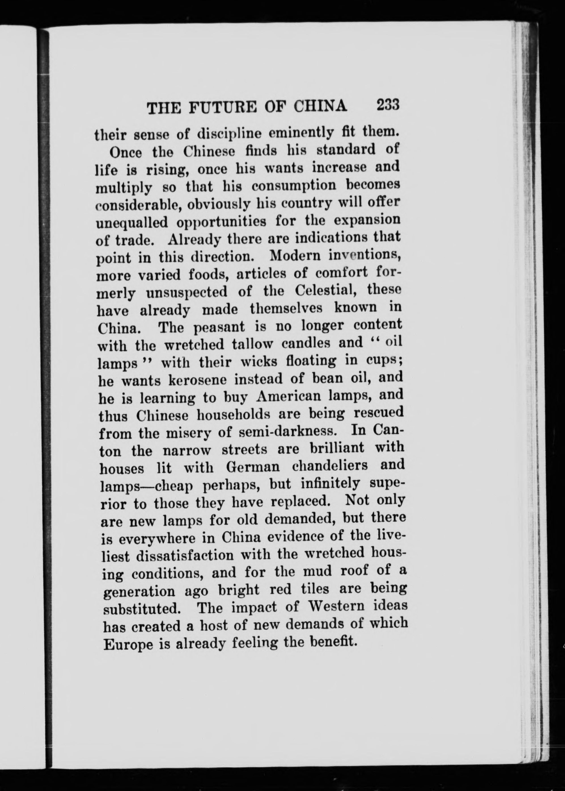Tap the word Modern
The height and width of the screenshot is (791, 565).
click(293, 256)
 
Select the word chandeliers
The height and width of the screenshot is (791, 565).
click(328, 466)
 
